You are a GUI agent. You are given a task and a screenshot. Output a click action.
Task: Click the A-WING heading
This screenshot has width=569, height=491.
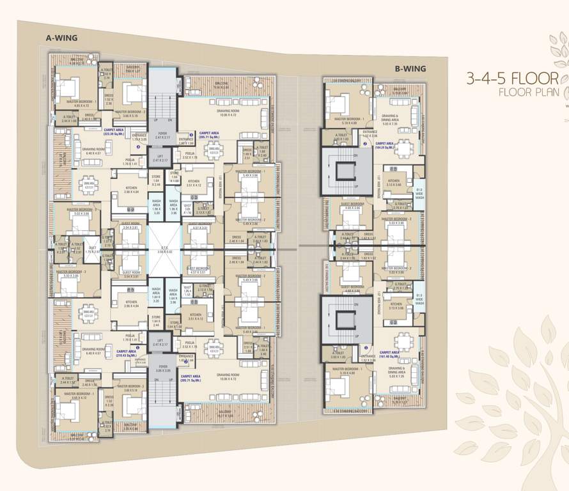click(x=61, y=38)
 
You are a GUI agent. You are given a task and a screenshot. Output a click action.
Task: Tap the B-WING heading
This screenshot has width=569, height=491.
click(x=410, y=68)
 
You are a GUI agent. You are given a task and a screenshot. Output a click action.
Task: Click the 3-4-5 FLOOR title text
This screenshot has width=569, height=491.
click(x=511, y=79)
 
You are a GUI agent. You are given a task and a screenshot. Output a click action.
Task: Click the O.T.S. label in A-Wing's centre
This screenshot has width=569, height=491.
click(x=165, y=250)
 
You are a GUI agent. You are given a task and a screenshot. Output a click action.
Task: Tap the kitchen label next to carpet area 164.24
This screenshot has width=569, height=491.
click(x=394, y=183)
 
